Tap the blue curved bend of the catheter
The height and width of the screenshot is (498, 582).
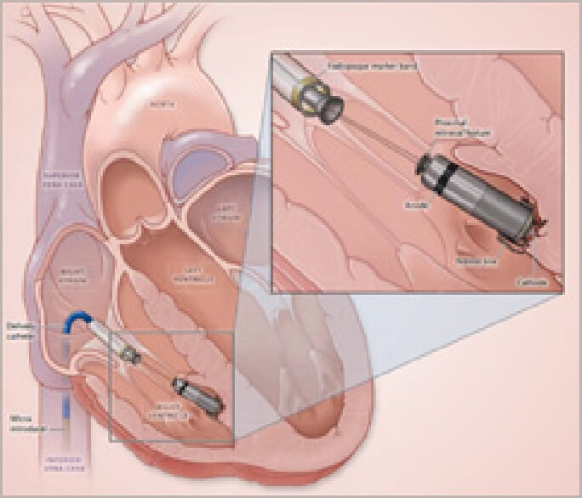click(75, 320)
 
